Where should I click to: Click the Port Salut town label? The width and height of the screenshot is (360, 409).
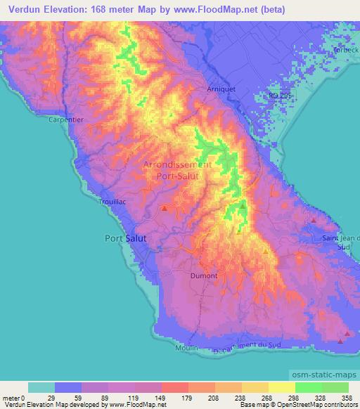click(126, 238)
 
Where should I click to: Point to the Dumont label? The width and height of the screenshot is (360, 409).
click(205, 276)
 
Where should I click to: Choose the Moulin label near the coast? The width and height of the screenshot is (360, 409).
click(188, 349)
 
